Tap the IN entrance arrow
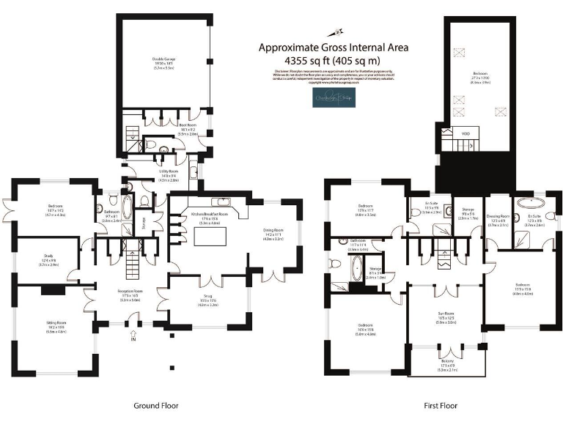point(133,339)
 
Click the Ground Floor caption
point(156,405)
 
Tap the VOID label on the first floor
point(465,134)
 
